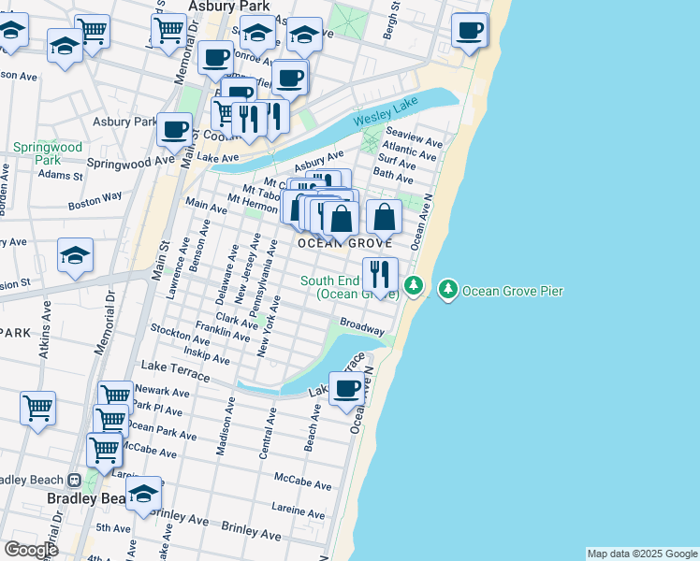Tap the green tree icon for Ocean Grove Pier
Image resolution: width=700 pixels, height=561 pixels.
pyautogui.click(x=449, y=291)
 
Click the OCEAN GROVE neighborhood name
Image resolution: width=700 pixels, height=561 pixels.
pyautogui.click(x=338, y=243)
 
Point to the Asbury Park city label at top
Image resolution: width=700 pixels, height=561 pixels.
pyautogui.click(x=228, y=7)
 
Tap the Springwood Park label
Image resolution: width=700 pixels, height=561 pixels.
pyautogui.click(x=48, y=153)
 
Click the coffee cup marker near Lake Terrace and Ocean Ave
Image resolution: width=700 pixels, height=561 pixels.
pyautogui.click(x=347, y=389)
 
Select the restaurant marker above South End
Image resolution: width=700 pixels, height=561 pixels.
pyautogui.click(x=379, y=274)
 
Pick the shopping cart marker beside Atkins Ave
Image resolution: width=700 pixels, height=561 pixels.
pyautogui.click(x=37, y=408)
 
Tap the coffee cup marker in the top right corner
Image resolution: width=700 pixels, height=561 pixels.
pyautogui.click(x=469, y=30)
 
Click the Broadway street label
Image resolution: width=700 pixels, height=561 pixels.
pyautogui.click(x=361, y=329)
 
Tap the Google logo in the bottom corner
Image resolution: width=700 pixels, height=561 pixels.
pyautogui.click(x=30, y=550)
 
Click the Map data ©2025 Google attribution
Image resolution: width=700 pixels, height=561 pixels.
pyautogui.click(x=642, y=554)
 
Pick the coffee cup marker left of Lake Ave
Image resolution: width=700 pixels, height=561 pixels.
pyautogui.click(x=174, y=130)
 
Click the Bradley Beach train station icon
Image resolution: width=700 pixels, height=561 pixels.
pyautogui.click(x=74, y=480)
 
